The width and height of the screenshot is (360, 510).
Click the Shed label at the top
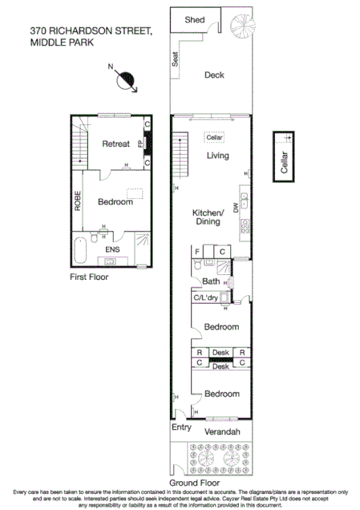pos(194,19)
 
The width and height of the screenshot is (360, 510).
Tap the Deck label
pos(214,75)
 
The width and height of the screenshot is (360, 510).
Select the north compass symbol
pos(126,79)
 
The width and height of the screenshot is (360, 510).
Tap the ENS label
pos(114,250)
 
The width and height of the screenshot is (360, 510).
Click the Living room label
pos(217,156)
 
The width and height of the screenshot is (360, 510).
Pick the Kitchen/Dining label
pos(205,217)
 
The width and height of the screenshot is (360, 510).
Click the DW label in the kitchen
pos(236,208)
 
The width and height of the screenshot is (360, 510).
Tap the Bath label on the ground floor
pos(211,281)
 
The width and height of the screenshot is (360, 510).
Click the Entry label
pos(182,428)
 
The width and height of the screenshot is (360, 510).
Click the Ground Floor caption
pos(212,484)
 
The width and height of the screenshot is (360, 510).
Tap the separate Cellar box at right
pos(283,156)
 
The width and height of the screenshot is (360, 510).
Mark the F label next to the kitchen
pos(198,252)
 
